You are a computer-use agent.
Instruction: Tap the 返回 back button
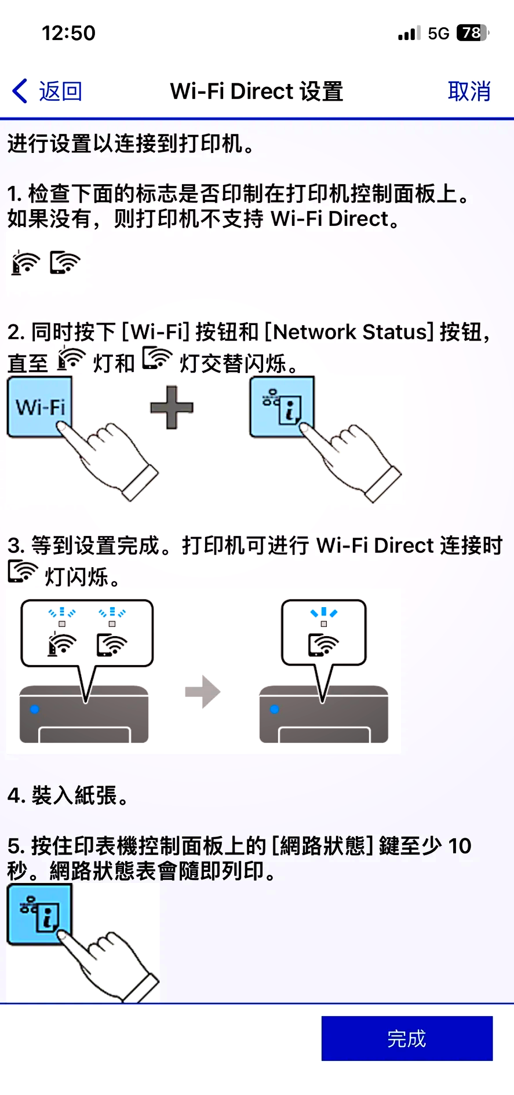tap(48, 92)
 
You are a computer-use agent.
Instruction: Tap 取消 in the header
tap(469, 92)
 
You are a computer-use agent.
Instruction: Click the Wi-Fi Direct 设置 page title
tap(257, 92)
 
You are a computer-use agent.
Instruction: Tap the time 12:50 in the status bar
tap(68, 33)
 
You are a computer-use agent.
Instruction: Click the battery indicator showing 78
tap(472, 33)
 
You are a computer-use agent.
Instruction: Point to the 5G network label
tap(439, 34)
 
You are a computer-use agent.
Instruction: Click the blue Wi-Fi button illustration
tap(39, 406)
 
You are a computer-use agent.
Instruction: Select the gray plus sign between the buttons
tap(172, 407)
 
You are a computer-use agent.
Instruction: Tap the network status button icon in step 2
tap(282, 406)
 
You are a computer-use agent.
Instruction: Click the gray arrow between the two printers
tap(203, 691)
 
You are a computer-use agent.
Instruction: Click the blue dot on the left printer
tap(35, 709)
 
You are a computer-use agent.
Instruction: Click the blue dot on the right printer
tap(275, 709)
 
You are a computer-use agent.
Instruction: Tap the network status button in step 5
tap(39, 914)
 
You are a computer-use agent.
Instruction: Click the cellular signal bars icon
tap(409, 34)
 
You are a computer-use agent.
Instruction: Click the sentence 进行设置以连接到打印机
tap(131, 143)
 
